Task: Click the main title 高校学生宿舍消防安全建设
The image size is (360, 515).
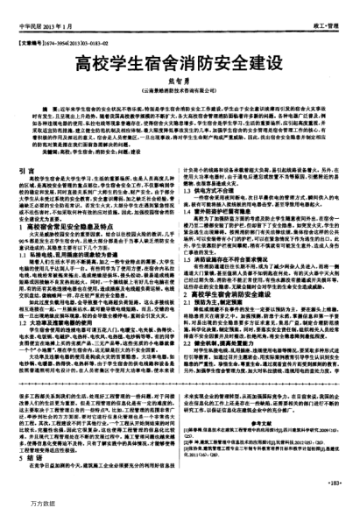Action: (x=180, y=64)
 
